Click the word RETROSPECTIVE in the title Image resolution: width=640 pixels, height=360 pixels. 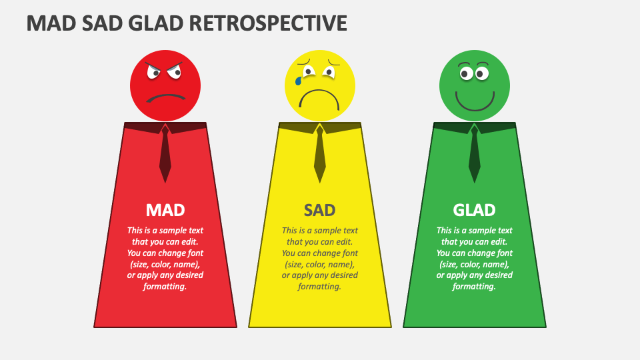(268, 23)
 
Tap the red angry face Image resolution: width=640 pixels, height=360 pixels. (165, 86)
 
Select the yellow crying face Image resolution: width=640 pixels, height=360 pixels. (320, 86)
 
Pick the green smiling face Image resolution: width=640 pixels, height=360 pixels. (474, 86)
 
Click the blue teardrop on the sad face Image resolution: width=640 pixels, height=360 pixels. (299, 81)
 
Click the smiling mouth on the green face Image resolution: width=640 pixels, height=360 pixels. (475, 102)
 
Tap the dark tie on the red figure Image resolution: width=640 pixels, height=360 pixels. (165, 153)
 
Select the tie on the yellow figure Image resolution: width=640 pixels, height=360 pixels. (319, 153)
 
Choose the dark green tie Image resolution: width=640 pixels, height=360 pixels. (474, 153)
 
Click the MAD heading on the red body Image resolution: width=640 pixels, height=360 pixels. (165, 210)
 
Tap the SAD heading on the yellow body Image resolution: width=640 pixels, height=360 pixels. (319, 210)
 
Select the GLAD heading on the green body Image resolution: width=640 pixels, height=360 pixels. (474, 210)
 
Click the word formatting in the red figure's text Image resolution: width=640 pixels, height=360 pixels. (165, 287)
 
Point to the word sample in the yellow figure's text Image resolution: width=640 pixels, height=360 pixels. (328, 231)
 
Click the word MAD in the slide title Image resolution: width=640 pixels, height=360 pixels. (51, 23)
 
